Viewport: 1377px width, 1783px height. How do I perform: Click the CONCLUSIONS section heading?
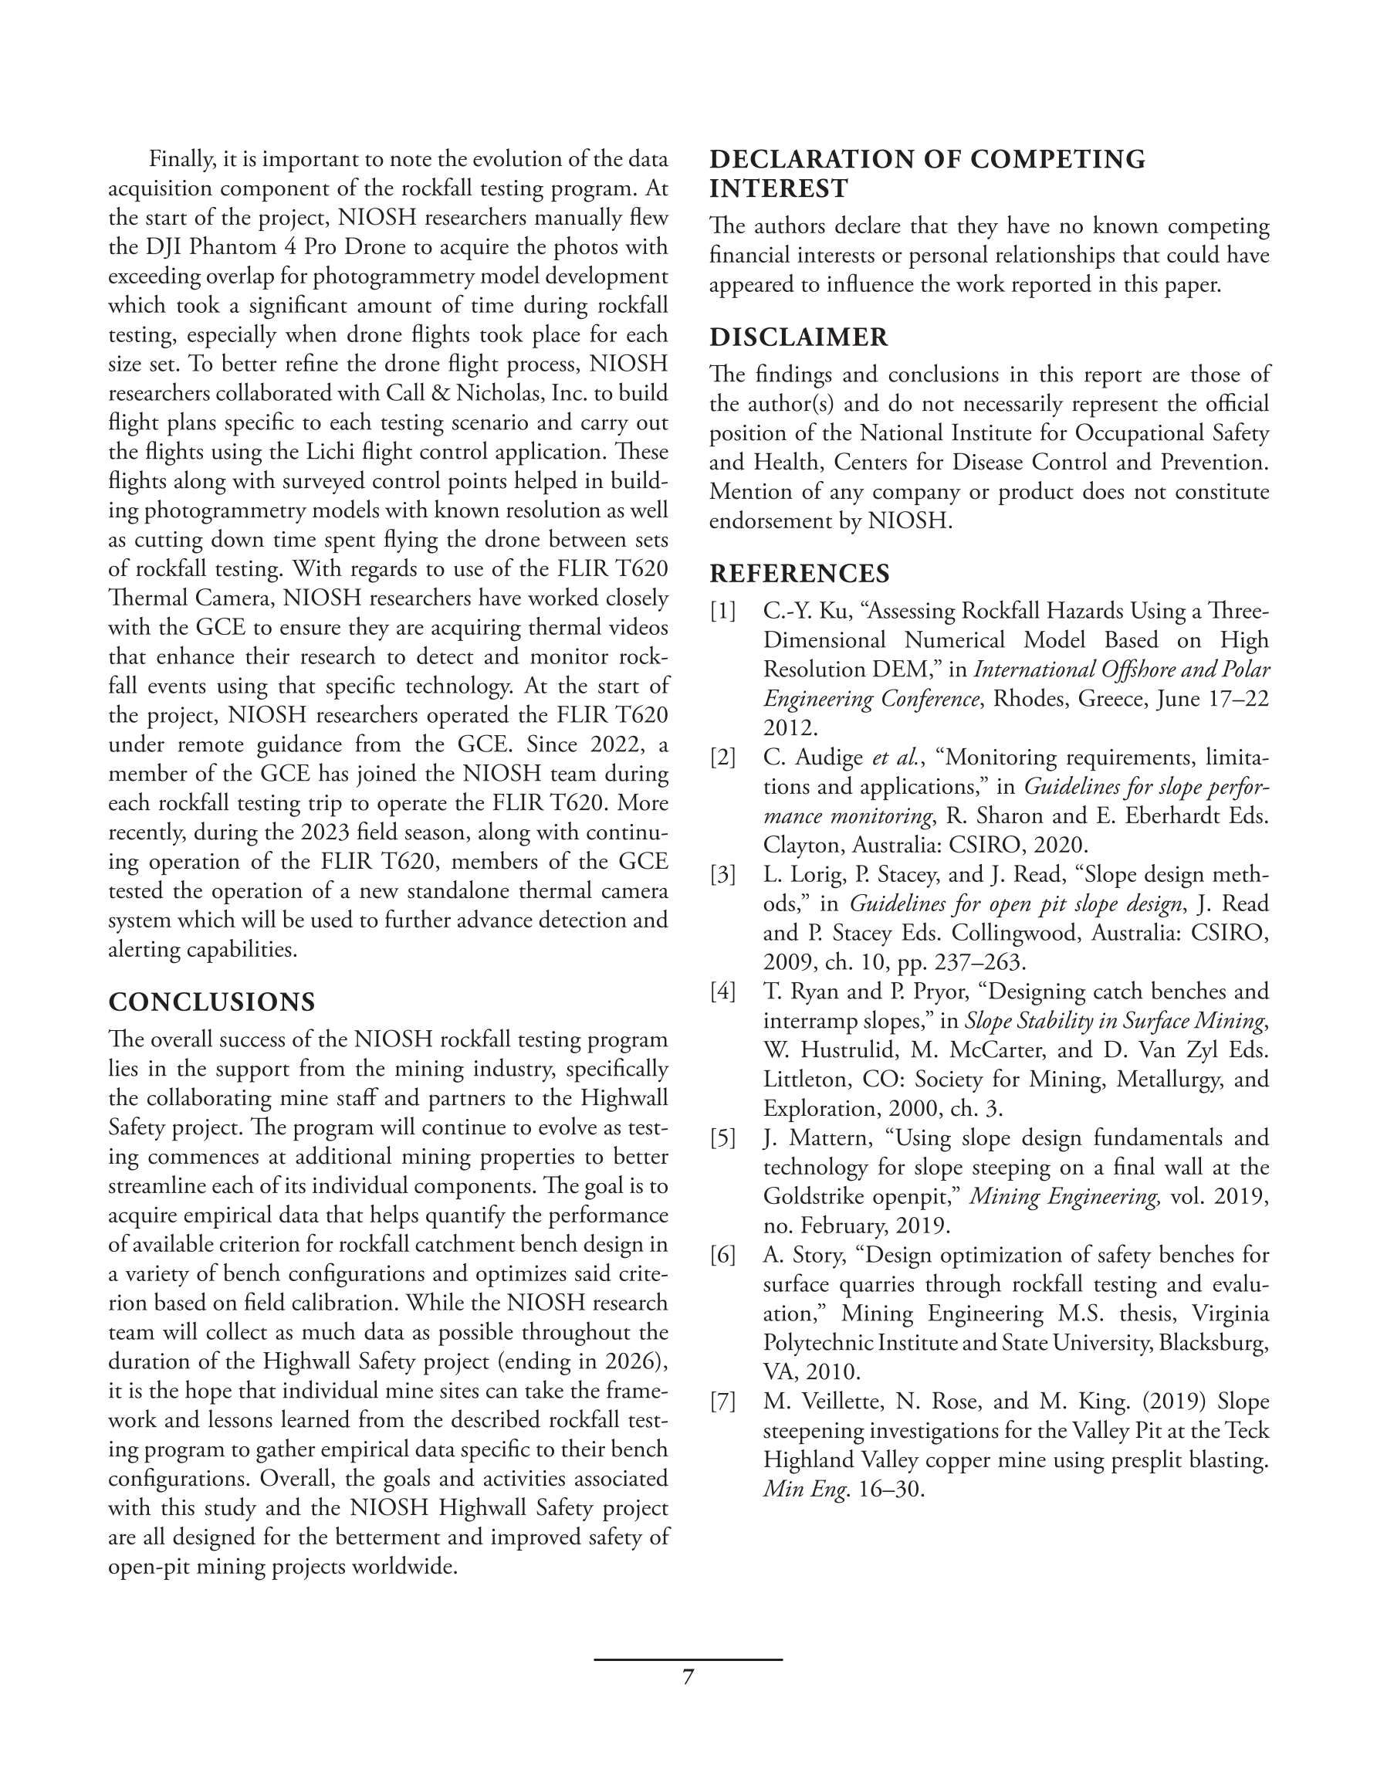point(211,1002)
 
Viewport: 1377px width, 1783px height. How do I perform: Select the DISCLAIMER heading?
point(798,337)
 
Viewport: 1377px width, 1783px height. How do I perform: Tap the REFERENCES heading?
point(799,573)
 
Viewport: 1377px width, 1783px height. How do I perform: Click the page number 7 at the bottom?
point(688,1677)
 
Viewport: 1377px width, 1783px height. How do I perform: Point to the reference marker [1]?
point(722,611)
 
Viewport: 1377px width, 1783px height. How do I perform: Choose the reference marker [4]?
point(722,991)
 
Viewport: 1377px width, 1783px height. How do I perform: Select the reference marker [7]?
point(722,1401)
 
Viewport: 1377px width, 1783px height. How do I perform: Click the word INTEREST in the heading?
point(779,188)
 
